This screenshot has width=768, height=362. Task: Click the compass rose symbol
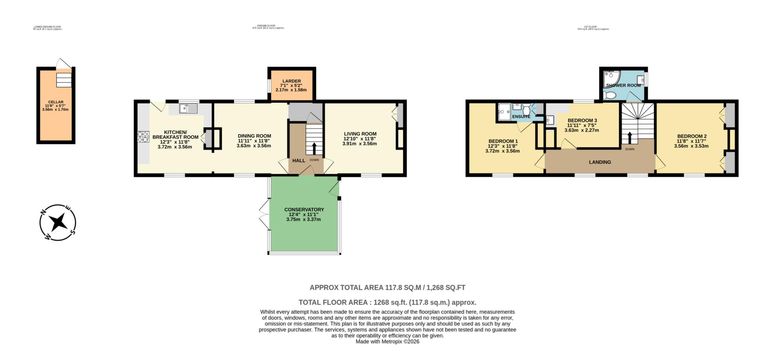point(58,222)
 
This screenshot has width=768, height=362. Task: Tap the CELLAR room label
point(55,102)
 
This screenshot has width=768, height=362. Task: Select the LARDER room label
point(291,81)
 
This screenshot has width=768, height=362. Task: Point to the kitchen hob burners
point(143,136)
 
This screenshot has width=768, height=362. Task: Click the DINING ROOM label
point(254,136)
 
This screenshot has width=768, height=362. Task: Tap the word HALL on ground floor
point(298,161)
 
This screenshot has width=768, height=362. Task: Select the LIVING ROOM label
point(360,134)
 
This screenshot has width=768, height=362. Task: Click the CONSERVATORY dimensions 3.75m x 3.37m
point(303,220)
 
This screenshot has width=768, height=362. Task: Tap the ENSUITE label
point(521,117)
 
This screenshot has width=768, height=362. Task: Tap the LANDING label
point(600,162)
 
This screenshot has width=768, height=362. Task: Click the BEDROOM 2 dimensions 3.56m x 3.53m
point(691,146)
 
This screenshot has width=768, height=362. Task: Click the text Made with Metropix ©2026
point(387,341)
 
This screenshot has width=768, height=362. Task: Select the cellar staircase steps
point(63,80)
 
